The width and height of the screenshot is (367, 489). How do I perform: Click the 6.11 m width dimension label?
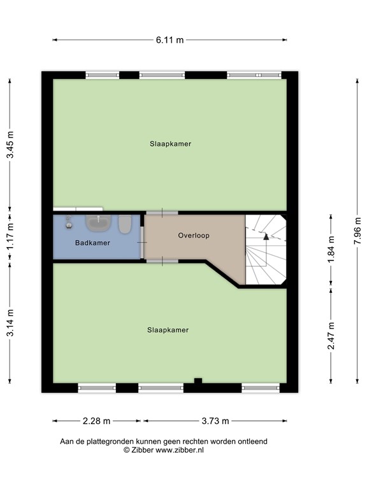coord(170,39)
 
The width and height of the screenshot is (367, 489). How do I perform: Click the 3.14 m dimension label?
coord(10,325)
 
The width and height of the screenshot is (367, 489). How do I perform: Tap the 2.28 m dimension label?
coord(97,421)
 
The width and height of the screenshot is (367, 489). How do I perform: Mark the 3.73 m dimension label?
coord(215,421)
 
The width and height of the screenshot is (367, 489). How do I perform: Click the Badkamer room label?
coord(92,243)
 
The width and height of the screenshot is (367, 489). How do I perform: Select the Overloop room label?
coord(194,236)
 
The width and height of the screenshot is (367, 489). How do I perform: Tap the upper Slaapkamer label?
coord(170,144)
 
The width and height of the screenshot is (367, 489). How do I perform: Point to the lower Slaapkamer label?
coord(168,330)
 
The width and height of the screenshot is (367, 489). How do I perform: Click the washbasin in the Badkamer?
coord(98,222)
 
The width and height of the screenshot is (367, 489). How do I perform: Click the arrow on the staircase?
coord(266,236)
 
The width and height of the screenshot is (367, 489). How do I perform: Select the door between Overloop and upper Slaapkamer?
coord(162,212)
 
